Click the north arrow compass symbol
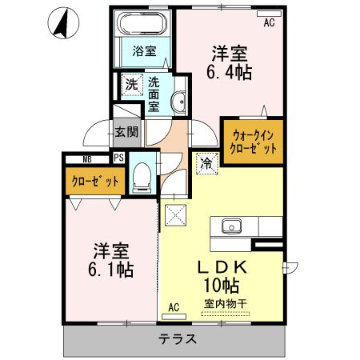pyautogui.click(x=63, y=23)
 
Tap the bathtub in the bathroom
pyautogui.click(x=142, y=23)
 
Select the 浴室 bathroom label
pyautogui.click(x=144, y=51)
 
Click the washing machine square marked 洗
pyautogui.click(x=132, y=85)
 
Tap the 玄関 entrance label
pyautogui.click(x=126, y=131)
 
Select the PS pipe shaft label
pyautogui.click(x=119, y=158)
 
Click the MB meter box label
pyautogui.click(x=87, y=159)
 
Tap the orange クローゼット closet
pyautogui.click(x=95, y=182)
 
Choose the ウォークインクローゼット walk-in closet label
pyautogui.click(x=253, y=142)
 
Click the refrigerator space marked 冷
pyautogui.click(x=207, y=163)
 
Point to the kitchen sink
pyautogui.click(x=231, y=226)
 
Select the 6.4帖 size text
pyautogui.click(x=229, y=72)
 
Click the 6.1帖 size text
pyautogui.click(x=111, y=270)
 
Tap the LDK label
pyautogui.click(x=222, y=267)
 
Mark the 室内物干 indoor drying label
pyautogui.click(x=226, y=304)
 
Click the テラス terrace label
pyautogui.click(x=178, y=339)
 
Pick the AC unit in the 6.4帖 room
pyautogui.click(x=269, y=14)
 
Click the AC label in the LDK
pyautogui.click(x=174, y=308)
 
